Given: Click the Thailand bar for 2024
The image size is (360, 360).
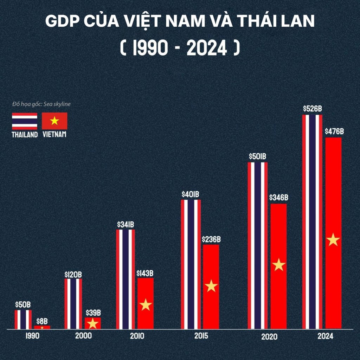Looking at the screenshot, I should pyautogui.click(x=312, y=221).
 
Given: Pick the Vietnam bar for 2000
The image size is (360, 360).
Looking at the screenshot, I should pyautogui.click(x=93, y=323).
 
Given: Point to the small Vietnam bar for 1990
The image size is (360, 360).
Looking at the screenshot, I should pyautogui.click(x=42, y=327).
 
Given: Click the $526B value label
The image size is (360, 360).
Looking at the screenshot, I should pyautogui.click(x=312, y=109).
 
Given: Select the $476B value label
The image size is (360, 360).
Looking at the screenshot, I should pyautogui.click(x=334, y=132).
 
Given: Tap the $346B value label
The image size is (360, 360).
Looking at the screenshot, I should pyautogui.click(x=278, y=198).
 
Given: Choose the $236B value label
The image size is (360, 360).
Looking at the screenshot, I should pyautogui.click(x=211, y=239).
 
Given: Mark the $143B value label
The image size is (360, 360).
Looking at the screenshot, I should pyautogui.click(x=145, y=273).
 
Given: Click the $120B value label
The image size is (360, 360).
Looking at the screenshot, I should pyautogui.click(x=73, y=274).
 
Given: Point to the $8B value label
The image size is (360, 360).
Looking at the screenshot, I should pyautogui.click(x=42, y=321).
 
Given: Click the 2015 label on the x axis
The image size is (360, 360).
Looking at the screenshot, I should pyautogui.click(x=201, y=336).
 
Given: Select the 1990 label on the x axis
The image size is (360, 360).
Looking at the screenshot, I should pyautogui.click(x=32, y=336).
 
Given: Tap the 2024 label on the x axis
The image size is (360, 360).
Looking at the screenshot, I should pyautogui.click(x=325, y=336).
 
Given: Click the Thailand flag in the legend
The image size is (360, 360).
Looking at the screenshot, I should pyautogui.click(x=25, y=121).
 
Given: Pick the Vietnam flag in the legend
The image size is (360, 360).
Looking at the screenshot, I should pyautogui.click(x=54, y=121).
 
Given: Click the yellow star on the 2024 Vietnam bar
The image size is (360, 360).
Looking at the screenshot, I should pyautogui.click(x=333, y=240).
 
